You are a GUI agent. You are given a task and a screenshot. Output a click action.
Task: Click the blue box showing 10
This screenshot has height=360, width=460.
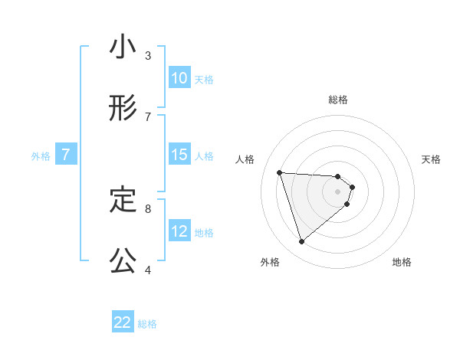pos(179,78)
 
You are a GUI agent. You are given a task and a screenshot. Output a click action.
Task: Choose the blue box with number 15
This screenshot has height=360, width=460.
pos(179,155)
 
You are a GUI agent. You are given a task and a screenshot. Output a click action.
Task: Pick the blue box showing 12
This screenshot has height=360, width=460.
pos(179,231)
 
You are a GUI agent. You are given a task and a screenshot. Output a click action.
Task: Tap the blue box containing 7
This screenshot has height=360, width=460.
pos(66,155)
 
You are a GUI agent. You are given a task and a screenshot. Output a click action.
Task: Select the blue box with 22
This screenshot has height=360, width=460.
pos(123,322)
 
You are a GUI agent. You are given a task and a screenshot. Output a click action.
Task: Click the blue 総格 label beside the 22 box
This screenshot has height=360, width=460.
pos(147,324)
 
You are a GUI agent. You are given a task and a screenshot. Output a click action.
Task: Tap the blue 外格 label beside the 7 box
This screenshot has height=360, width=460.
pos(41,156)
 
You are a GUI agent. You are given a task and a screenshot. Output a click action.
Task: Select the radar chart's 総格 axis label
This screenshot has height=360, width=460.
pos(338,100)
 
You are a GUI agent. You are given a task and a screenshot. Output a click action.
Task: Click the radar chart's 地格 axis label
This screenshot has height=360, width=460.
pos(402,262)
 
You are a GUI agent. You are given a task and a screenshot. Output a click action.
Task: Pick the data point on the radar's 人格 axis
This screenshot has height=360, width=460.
pos(280,172)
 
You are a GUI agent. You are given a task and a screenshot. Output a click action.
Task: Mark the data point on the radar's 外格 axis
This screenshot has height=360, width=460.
pos(301,242)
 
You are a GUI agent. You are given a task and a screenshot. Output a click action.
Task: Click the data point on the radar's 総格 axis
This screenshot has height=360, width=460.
pos(338,175)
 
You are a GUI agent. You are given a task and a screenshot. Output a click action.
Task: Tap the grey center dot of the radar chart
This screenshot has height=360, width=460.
pos(338,201)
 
